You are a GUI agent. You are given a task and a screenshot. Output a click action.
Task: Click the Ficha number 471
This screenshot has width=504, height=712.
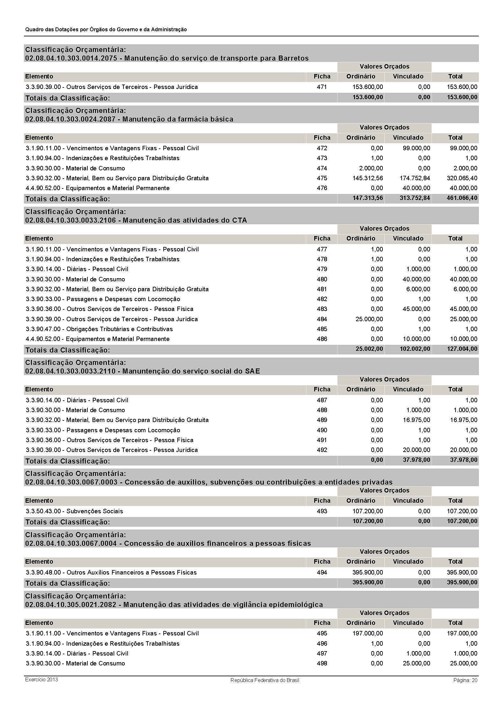[322, 87]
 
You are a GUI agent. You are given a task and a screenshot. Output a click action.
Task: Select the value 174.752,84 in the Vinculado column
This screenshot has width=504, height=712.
[415, 178]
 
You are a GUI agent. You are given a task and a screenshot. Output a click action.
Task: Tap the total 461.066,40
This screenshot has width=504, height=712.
[462, 198]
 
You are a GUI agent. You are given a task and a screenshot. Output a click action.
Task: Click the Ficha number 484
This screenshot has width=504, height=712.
[322, 319]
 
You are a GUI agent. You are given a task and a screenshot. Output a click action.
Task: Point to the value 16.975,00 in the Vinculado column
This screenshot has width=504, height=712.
[416, 420]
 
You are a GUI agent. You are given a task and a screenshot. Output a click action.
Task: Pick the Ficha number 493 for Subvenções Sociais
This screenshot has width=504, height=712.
[322, 511]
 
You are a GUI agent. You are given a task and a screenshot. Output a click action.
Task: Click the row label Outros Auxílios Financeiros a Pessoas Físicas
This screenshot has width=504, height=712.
[131, 572]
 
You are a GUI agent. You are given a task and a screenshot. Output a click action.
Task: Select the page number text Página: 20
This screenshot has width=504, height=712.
[465, 680]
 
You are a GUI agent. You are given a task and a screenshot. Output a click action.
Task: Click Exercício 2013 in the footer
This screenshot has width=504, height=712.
[41, 679]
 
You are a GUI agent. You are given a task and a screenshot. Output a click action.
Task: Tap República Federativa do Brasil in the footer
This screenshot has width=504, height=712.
[265, 680]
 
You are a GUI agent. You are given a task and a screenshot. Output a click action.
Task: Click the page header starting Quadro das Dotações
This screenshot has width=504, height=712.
[106, 29]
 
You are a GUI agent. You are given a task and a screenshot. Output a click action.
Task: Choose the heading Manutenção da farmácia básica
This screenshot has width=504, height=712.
[178, 119]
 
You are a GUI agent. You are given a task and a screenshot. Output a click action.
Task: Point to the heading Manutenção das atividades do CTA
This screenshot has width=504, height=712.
[185, 220]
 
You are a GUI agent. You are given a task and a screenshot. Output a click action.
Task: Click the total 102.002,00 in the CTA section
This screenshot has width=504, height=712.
[415, 349]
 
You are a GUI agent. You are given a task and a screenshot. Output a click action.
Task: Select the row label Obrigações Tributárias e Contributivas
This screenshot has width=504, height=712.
[119, 329]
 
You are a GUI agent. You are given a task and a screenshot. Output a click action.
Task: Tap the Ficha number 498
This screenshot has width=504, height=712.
[322, 663]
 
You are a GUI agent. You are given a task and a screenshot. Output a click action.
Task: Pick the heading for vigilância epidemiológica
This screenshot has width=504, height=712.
[223, 604]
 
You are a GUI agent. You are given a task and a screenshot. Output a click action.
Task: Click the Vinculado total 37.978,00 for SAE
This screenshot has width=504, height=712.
[416, 460]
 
